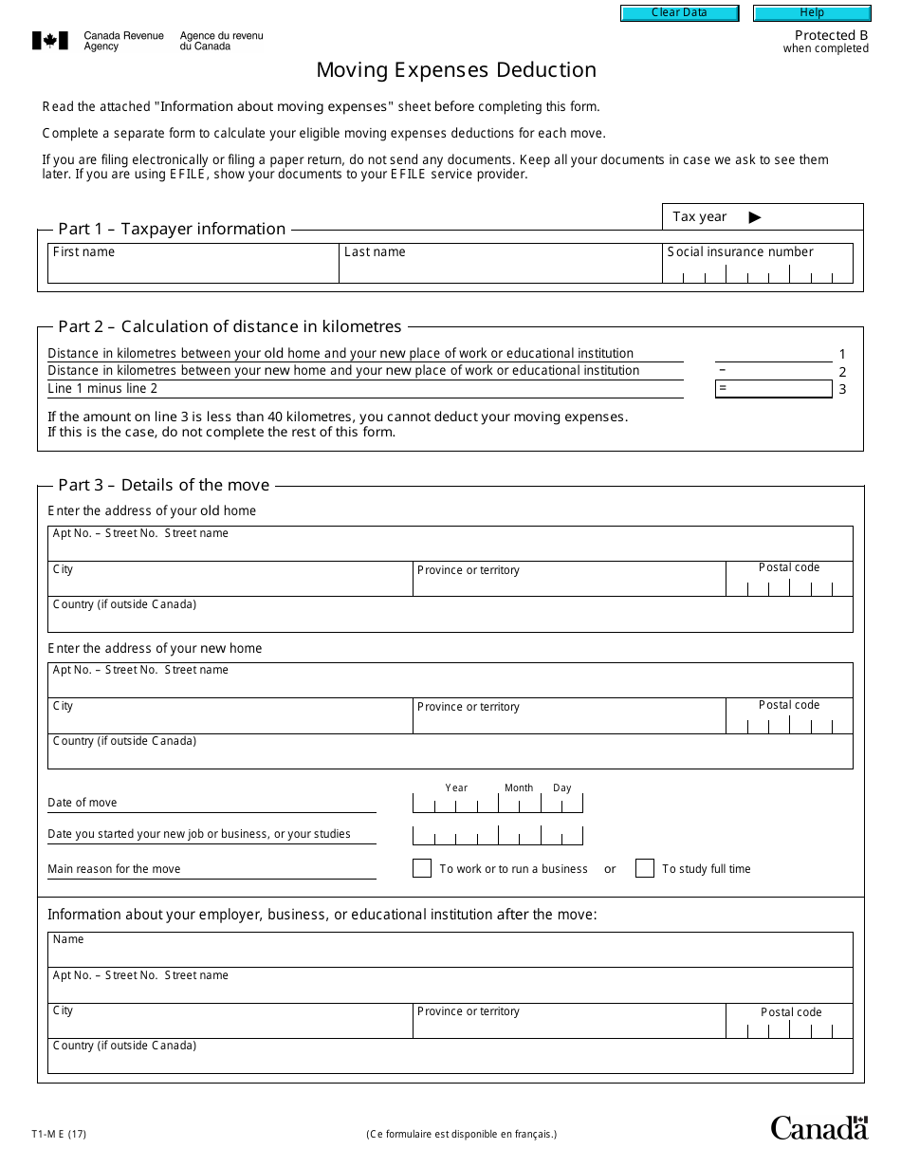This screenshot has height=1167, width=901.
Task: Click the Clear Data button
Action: point(679,13)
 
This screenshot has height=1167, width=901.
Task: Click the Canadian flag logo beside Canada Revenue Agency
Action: point(50,41)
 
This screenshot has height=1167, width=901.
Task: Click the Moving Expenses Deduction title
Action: point(456,70)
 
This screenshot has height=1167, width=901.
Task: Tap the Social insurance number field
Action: point(758,273)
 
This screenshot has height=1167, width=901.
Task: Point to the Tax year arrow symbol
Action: point(755,217)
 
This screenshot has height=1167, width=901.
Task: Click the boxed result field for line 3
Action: point(774,389)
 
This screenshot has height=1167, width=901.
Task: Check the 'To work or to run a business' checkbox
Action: point(422,868)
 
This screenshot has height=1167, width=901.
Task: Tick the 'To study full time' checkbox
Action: point(645,868)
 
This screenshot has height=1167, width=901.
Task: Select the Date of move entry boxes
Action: point(497,805)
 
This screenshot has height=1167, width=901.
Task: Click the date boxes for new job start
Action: point(497,836)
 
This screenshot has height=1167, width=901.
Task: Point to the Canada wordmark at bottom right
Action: point(818,1127)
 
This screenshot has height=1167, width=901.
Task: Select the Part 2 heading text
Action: point(230,326)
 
